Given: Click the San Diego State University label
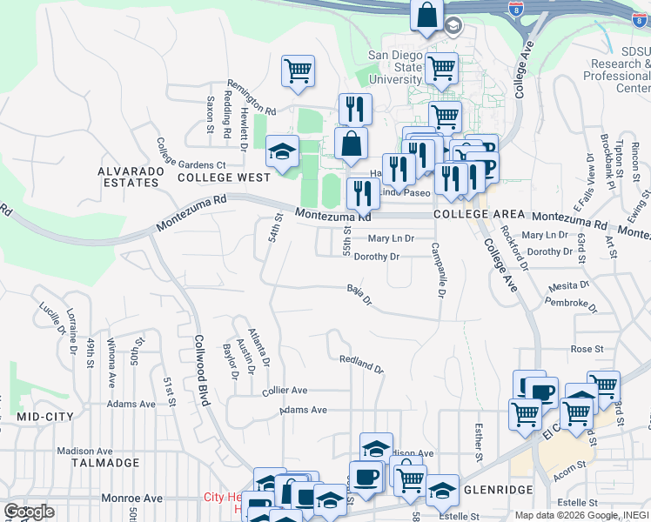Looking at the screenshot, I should coord(395,67).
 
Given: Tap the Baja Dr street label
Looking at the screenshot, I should coord(359,295).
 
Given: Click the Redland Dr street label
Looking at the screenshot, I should coord(361,364).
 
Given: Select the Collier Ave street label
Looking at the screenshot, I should coord(285,391).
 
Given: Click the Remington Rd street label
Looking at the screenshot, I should coord(246,112).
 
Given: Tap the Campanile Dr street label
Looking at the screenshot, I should coord(437,270).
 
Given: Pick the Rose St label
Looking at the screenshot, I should coord(587,349).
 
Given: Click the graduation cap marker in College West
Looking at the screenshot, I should coord(282,152).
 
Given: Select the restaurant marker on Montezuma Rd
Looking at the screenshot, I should coord(363,195).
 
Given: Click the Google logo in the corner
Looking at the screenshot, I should coord(29,512).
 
